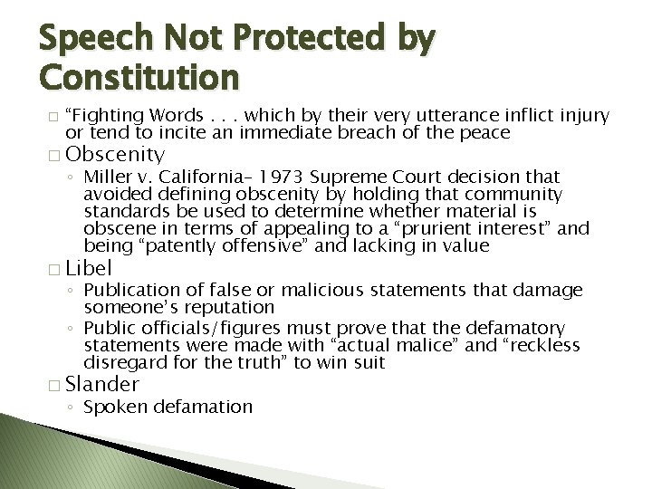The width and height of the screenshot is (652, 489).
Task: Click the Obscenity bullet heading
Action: click(115, 154)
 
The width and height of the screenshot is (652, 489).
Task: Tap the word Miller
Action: click(110, 176)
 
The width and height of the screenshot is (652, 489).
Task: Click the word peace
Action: click(487, 133)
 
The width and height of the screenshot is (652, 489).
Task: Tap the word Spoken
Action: click(113, 406)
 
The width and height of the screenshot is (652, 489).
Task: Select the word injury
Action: click(584, 116)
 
